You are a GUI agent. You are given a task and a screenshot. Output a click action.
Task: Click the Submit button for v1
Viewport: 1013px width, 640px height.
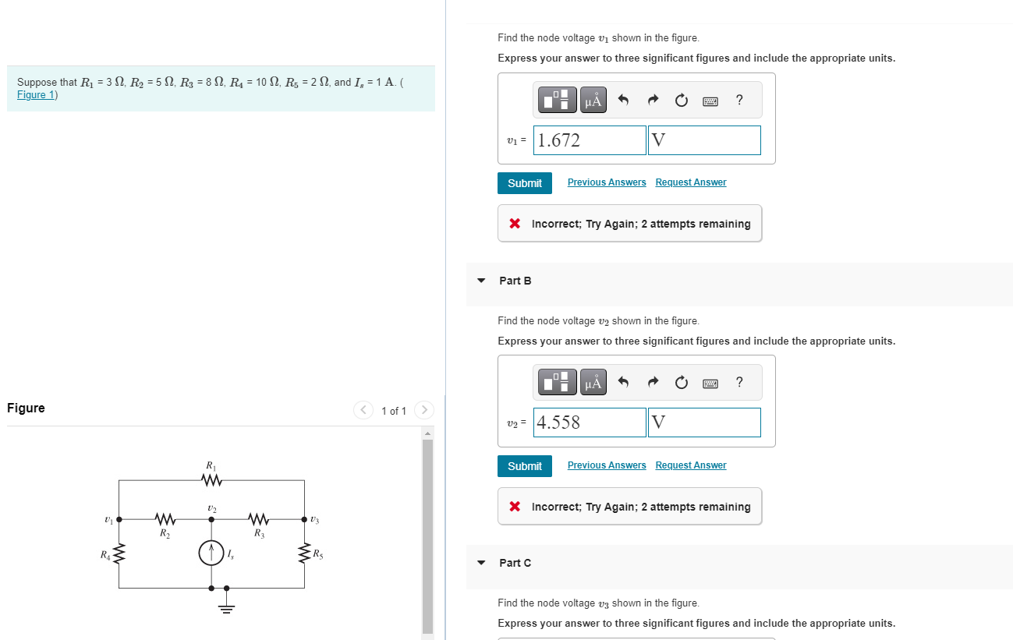524,183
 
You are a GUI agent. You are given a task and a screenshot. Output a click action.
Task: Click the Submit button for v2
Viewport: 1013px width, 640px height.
524,466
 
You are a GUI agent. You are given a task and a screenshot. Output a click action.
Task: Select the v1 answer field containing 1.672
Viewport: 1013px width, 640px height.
590,140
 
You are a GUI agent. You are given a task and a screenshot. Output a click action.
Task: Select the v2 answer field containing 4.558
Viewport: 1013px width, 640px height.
590,423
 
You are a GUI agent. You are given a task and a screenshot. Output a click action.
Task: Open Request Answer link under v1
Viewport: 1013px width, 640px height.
690,182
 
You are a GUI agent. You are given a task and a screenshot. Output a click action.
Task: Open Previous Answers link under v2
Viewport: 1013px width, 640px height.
607,465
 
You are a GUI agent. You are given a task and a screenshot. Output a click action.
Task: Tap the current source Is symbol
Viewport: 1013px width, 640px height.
211,553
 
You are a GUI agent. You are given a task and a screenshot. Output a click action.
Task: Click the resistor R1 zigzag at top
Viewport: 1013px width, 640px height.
211,480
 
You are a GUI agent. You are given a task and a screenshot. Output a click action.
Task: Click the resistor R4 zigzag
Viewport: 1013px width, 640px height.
119,555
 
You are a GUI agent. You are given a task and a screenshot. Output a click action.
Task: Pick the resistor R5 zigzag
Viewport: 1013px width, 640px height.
304,555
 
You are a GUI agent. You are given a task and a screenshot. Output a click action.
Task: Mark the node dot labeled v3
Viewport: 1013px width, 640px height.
304,518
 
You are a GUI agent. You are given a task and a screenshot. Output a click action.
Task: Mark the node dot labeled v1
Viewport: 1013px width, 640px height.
119,518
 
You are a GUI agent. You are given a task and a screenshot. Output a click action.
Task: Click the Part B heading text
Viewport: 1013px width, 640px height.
515,281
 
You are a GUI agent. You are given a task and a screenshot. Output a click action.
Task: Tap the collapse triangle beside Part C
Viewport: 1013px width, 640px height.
481,563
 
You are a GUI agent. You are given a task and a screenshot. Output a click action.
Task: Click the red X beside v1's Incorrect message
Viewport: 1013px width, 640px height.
515,224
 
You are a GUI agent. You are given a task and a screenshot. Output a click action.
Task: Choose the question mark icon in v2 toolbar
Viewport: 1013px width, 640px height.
738,382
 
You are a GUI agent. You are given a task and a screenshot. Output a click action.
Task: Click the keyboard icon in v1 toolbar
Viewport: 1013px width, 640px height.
710,101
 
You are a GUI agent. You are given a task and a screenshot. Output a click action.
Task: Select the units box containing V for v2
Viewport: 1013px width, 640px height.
703,423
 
